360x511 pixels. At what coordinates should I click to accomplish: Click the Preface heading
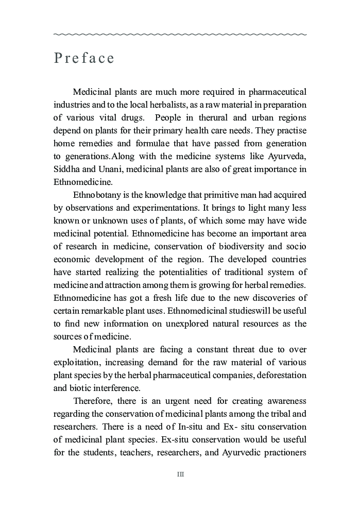point(84,58)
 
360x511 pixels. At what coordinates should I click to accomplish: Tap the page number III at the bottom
point(180,474)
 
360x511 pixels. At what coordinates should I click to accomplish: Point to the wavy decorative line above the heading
point(180,35)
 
